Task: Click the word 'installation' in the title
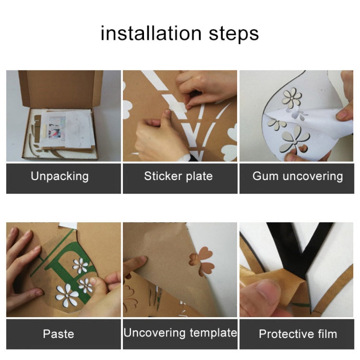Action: (151, 33)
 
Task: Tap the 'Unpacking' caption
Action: (60, 176)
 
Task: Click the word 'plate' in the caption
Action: (199, 177)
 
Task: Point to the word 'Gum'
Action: (265, 176)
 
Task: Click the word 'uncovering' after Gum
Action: (312, 177)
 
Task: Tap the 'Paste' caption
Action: (59, 334)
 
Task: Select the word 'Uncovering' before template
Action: (154, 333)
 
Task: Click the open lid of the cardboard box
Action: (61, 88)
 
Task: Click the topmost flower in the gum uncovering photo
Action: (291, 98)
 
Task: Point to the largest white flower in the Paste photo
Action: (67, 296)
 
